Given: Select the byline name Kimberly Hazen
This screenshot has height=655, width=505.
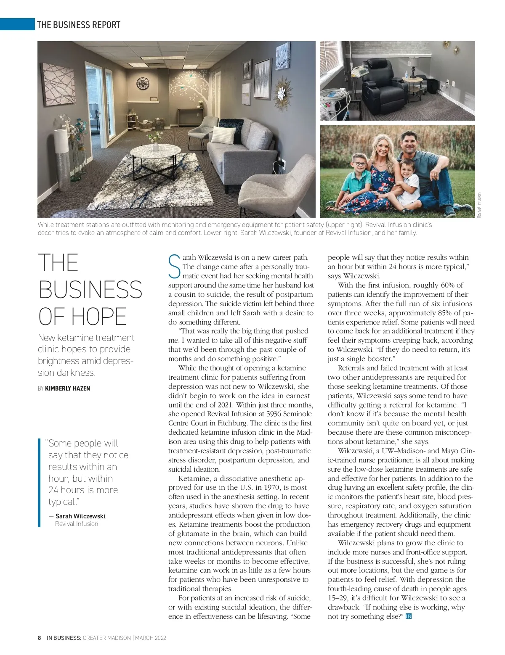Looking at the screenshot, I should [67, 388].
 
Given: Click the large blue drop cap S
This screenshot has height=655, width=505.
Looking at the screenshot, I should [175, 266].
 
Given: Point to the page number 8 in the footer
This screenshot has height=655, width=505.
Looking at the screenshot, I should [40, 638].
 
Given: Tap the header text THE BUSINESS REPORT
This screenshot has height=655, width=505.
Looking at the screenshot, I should [79, 25].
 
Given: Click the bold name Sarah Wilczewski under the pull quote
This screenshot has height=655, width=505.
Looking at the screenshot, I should [80, 516].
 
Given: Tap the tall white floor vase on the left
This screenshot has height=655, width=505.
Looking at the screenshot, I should [62, 160].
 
